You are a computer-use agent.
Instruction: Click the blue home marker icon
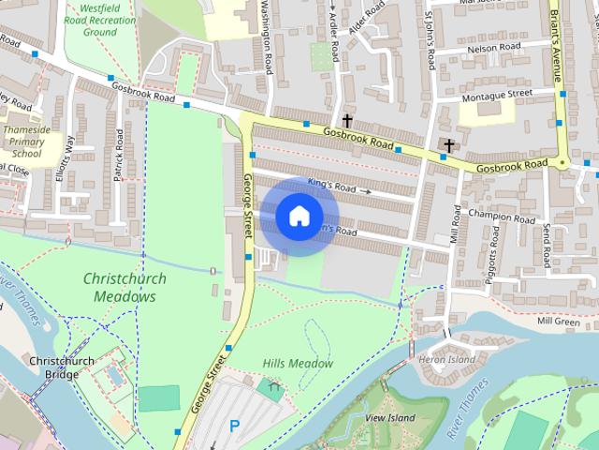(x=299, y=217)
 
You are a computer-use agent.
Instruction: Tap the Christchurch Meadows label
(x=124, y=287)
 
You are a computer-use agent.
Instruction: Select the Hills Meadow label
(x=298, y=363)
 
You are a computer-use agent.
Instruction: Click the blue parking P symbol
(x=235, y=426)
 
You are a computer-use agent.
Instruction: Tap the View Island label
(x=389, y=416)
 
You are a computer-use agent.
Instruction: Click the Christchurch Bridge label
(x=59, y=367)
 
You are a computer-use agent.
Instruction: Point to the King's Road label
(x=333, y=187)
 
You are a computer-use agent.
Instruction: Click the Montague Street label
(x=497, y=94)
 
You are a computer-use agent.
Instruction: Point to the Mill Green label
(x=559, y=321)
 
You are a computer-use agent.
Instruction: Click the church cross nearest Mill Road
(x=449, y=145)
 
